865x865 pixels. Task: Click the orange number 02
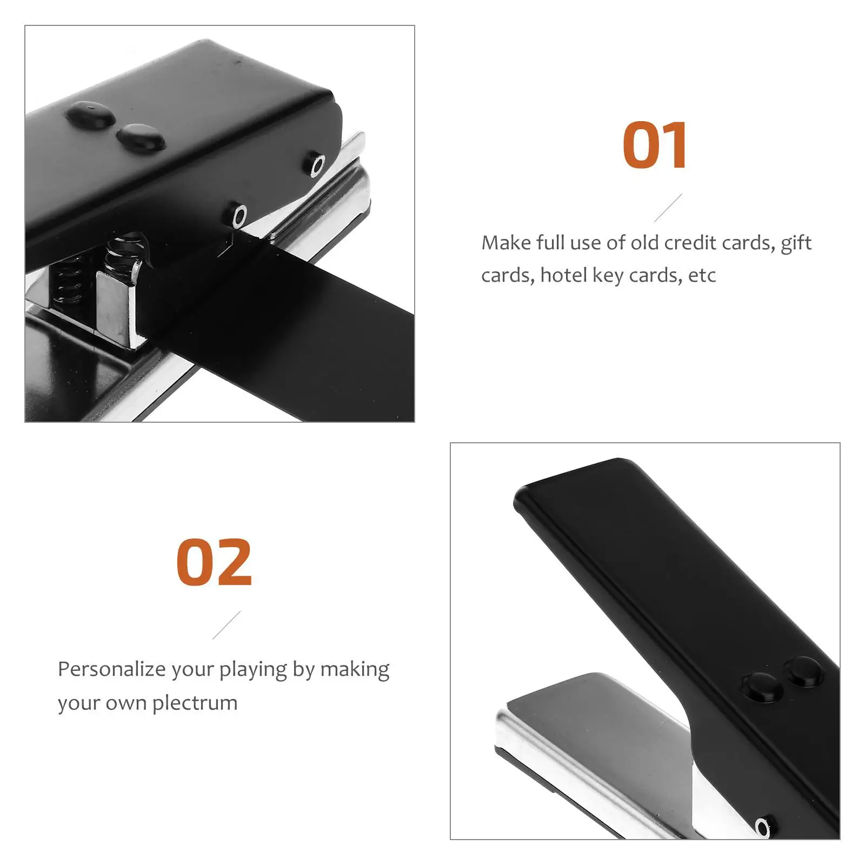214,562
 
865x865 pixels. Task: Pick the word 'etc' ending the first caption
702,276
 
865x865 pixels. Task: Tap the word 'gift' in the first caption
796,243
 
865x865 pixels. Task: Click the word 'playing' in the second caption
254,670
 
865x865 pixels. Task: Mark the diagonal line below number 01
668,208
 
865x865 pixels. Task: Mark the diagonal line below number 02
227,626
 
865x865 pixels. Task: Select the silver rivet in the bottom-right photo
763,827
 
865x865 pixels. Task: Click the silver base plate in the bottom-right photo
595,757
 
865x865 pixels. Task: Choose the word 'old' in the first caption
644,243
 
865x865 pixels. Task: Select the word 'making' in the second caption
355,670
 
